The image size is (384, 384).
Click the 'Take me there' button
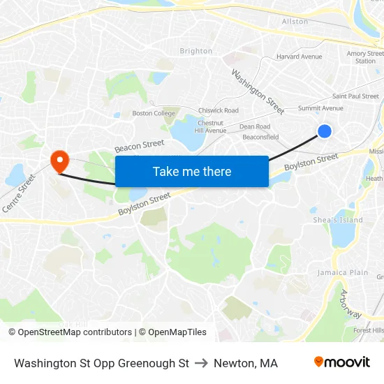(x=192, y=171)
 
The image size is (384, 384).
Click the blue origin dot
(x=324, y=131)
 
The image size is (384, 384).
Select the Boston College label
(x=154, y=113)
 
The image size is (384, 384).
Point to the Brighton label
(x=195, y=51)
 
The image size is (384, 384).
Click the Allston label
(x=295, y=22)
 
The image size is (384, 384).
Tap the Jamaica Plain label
(x=343, y=272)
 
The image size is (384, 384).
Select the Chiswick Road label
(x=219, y=110)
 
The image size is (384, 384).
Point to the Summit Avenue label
(x=320, y=108)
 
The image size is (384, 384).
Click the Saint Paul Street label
(x=355, y=96)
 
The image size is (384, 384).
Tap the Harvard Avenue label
(x=299, y=57)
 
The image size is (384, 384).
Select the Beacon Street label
(x=140, y=146)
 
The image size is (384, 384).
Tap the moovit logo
(x=341, y=362)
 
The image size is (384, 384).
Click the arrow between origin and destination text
(x=201, y=363)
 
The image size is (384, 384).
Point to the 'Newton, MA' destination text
(x=246, y=363)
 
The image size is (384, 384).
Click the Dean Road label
(x=255, y=126)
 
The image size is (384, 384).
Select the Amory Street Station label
(x=365, y=57)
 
